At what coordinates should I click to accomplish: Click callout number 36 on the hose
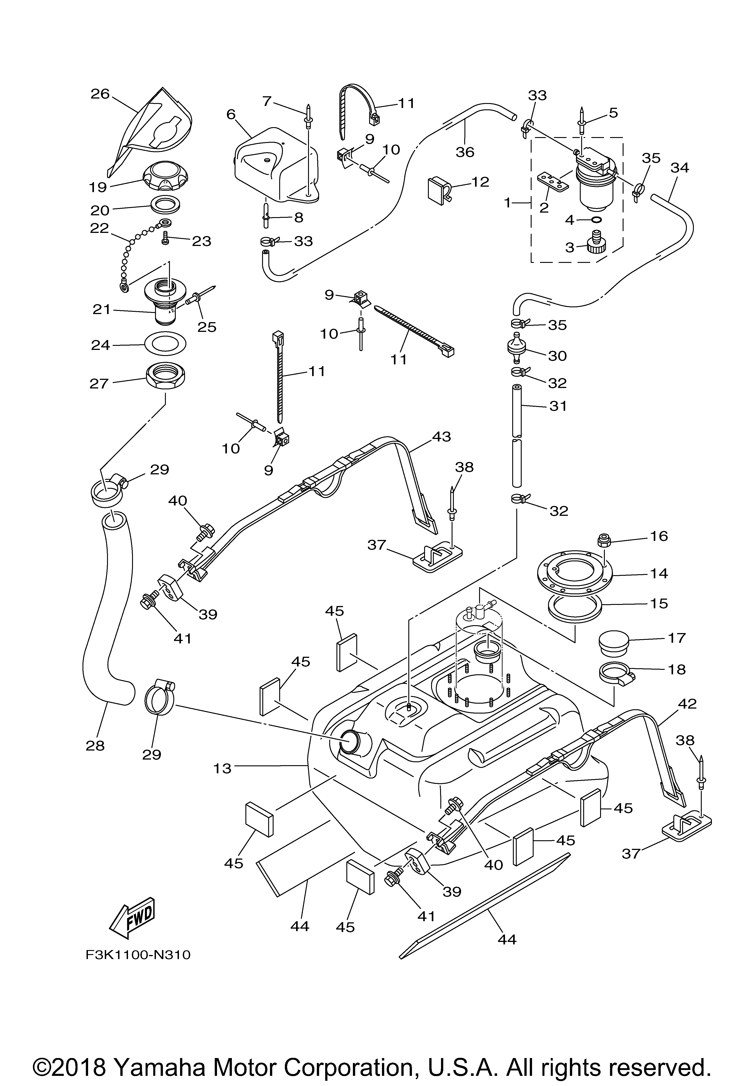pyautogui.click(x=465, y=152)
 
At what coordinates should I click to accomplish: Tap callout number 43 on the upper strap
pyautogui.click(x=441, y=436)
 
